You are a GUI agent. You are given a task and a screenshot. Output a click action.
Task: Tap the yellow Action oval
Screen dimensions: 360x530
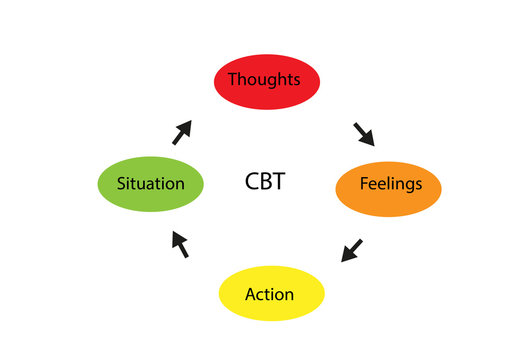(271, 294)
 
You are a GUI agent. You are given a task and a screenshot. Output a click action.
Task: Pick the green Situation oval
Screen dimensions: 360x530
(151, 184)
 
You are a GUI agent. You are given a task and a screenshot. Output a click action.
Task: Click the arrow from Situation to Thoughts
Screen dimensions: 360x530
(182, 133)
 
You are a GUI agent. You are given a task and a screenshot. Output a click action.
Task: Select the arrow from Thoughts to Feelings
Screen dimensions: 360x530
(362, 134)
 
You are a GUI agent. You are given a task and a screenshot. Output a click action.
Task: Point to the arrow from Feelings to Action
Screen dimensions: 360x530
(352, 249)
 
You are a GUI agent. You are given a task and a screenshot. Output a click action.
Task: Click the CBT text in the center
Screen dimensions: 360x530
(265, 182)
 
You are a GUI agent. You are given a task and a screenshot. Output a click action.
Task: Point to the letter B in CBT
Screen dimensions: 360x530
(266, 182)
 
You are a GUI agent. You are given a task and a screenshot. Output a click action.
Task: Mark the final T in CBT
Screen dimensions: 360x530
(279, 182)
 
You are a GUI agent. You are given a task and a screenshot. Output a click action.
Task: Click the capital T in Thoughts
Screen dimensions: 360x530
(232, 78)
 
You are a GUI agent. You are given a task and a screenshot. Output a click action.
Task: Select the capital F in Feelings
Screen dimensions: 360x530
(363, 184)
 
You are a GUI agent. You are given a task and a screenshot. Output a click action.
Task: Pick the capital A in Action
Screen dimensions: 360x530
(250, 294)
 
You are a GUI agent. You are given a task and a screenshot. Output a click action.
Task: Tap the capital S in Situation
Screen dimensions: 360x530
(121, 184)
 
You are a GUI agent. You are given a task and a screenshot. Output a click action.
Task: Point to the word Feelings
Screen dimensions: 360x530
(391, 185)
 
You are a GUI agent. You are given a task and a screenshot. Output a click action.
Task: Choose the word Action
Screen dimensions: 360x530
(270, 294)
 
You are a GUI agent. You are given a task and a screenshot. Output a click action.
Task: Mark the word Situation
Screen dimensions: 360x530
(150, 184)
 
